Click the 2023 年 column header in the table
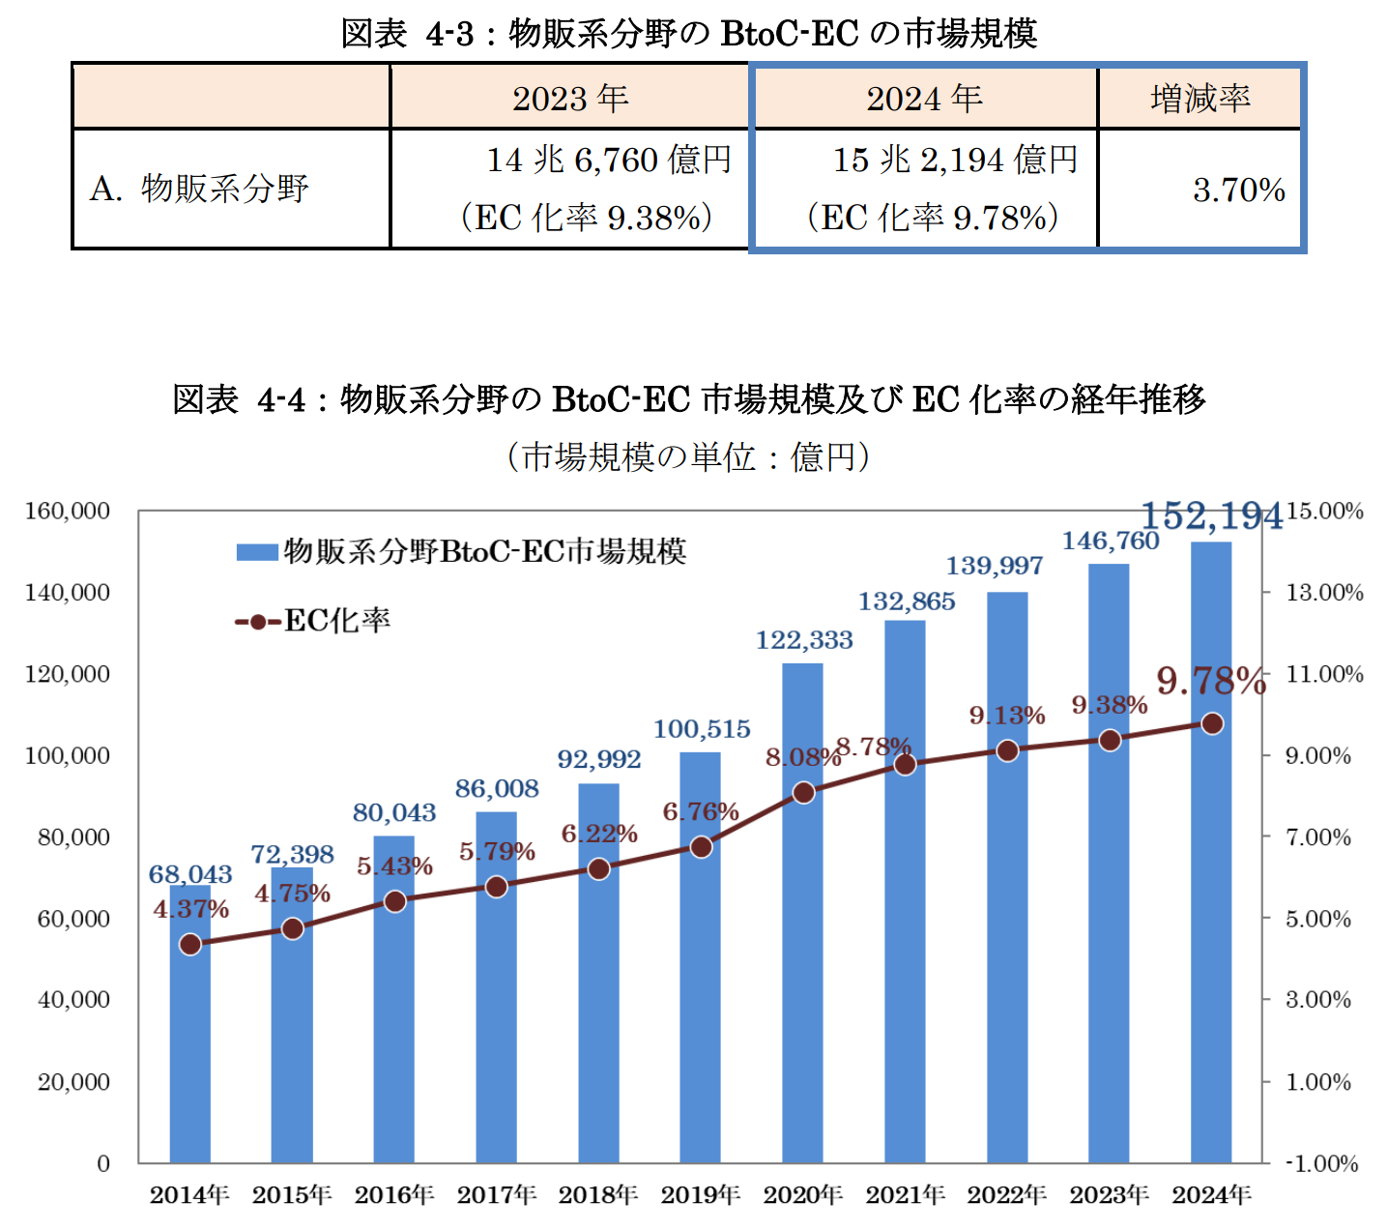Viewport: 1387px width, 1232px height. [x=569, y=99]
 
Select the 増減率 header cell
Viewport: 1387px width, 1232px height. [x=1200, y=99]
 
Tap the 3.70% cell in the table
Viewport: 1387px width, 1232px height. [x=1238, y=190]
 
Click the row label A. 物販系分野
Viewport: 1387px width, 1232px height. [x=199, y=189]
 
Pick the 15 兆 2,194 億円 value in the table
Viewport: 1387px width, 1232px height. [x=955, y=160]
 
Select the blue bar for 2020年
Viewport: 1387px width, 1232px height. [x=803, y=967]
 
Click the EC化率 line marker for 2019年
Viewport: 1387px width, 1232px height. [x=701, y=847]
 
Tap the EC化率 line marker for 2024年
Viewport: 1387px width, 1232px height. [x=1212, y=723]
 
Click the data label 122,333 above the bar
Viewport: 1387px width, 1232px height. [x=804, y=640]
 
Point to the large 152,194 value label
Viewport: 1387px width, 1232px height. [x=1212, y=516]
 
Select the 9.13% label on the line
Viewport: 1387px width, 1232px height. [x=1007, y=716]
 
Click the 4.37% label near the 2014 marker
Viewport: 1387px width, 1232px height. [x=190, y=909]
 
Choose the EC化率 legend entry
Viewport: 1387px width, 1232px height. [x=314, y=621]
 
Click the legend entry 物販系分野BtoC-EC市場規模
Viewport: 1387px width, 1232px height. [x=462, y=552]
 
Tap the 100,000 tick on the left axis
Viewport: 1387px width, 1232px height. [x=68, y=755]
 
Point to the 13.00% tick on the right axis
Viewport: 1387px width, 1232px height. [x=1323, y=593]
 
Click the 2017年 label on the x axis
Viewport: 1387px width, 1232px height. [x=497, y=1195]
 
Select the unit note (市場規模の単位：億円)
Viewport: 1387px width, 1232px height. [x=688, y=456]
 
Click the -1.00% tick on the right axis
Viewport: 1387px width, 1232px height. [x=1322, y=1163]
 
